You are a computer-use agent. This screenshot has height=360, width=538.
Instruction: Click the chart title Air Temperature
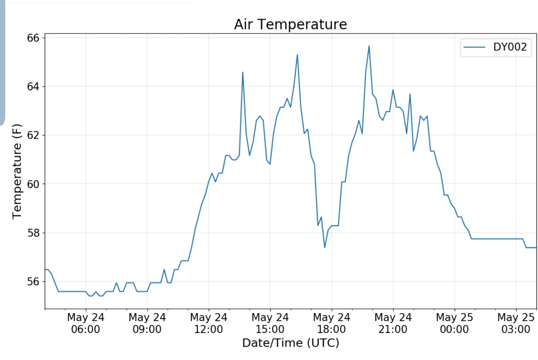pos(290,24)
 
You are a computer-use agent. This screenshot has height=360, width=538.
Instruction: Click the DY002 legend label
pos(509,47)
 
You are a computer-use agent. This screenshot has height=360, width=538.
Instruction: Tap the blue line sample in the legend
pos(474,47)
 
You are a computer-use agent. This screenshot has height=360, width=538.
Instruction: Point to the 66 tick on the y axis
pos(33,38)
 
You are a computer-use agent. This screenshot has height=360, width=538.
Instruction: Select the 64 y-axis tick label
pos(33,87)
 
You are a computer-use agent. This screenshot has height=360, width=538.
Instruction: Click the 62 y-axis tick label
pos(33,135)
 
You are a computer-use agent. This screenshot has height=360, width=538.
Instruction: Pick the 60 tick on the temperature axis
pos(33,184)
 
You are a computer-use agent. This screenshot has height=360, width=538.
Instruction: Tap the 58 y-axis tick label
pos(33,233)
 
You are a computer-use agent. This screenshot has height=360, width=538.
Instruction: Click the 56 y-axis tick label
pos(33,281)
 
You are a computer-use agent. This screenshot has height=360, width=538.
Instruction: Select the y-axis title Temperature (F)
pos(17,171)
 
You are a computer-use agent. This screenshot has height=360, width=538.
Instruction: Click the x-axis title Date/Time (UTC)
pos(290,343)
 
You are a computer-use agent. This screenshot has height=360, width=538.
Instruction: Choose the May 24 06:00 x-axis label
pos(86,323)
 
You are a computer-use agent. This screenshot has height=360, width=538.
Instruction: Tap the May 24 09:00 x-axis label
pos(147,323)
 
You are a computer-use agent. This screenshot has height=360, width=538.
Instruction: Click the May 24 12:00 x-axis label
pos(209,323)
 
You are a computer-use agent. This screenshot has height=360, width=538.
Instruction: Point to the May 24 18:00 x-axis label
pos(332,323)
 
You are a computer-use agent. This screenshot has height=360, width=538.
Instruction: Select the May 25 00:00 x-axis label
pos(454,323)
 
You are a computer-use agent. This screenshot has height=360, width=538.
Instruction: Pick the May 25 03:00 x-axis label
pos(515,323)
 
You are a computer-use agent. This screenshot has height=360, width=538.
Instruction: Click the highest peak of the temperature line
pos(369,46)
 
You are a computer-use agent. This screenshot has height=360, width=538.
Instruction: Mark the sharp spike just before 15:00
pos(243,72)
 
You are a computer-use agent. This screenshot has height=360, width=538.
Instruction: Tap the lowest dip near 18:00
pos(325,247)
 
